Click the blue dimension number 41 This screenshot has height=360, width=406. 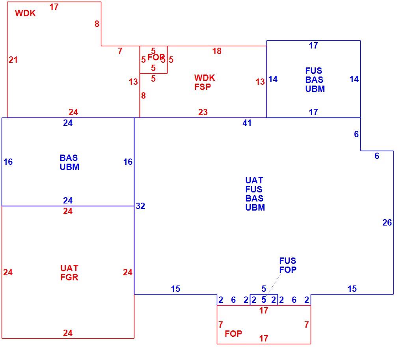(x=247, y=123)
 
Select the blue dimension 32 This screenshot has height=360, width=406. (x=140, y=206)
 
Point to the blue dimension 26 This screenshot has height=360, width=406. (x=387, y=222)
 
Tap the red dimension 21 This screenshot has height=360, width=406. (x=13, y=60)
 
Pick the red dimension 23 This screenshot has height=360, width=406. (x=203, y=112)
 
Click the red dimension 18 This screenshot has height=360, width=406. (x=217, y=51)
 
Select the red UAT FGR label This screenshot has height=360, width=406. (x=69, y=273)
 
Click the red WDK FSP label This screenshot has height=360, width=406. (x=205, y=82)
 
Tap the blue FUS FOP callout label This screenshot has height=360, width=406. (x=288, y=265)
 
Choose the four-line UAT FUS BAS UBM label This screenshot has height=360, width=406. (x=255, y=194)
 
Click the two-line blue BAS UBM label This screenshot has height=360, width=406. (x=69, y=162)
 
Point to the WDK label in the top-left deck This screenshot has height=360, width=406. (x=25, y=13)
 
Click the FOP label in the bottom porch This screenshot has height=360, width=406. (x=233, y=334)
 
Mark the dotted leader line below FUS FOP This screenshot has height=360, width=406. (x=274, y=284)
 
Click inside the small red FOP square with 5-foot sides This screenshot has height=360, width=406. (x=153, y=60)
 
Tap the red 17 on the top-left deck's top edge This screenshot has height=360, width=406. (x=54, y=7)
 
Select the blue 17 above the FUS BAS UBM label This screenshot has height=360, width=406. (x=313, y=46)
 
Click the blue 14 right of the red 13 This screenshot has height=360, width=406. (x=273, y=79)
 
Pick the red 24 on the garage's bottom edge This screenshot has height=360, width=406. (x=68, y=333)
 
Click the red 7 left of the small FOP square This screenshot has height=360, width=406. (x=120, y=51)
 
